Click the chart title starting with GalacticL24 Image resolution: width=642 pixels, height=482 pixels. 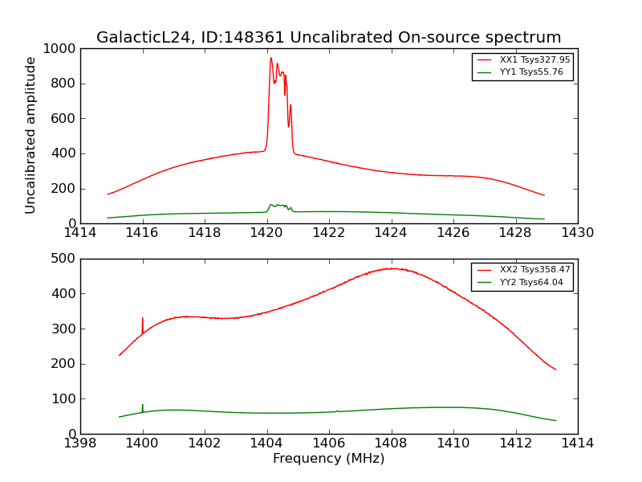[329, 38]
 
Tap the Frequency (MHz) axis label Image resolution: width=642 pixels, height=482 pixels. [329, 459]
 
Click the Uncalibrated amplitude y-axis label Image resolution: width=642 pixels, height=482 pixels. [31, 135]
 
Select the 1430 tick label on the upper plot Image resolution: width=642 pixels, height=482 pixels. [578, 233]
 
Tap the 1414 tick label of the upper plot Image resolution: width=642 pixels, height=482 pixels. [80, 233]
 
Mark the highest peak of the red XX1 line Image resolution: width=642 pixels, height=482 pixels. [271, 59]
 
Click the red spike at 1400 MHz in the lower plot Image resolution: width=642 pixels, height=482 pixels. [143, 320]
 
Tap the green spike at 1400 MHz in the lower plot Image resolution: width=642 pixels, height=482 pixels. [143, 406]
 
